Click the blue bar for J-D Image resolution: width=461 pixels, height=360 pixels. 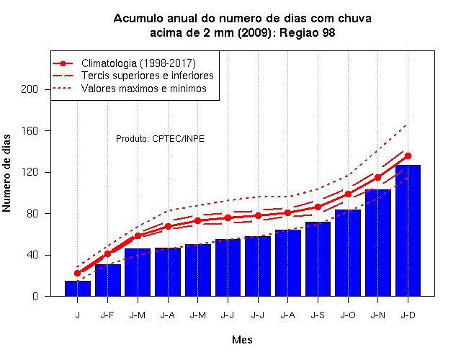(408, 230)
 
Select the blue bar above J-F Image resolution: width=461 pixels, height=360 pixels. (107, 280)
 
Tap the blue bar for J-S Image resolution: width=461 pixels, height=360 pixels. (318, 259)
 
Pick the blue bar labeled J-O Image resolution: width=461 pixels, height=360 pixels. (348, 253)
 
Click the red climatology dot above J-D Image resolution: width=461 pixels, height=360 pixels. (408, 156)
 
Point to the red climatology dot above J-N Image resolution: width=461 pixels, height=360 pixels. (377, 178)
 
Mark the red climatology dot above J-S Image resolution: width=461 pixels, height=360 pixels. (318, 207)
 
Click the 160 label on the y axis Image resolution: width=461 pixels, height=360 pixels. (30, 130)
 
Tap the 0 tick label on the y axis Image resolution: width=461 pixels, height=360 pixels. (35, 296)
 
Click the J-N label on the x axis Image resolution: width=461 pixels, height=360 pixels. (377, 315)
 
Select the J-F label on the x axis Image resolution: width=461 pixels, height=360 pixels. (107, 315)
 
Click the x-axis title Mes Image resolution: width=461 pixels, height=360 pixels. (242, 340)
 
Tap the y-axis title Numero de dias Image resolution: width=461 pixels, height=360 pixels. (6, 174)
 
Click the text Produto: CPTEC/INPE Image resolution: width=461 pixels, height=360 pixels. (160, 139)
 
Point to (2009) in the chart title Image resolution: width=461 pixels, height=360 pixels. (254, 32)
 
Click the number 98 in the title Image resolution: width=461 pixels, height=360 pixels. (328, 32)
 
